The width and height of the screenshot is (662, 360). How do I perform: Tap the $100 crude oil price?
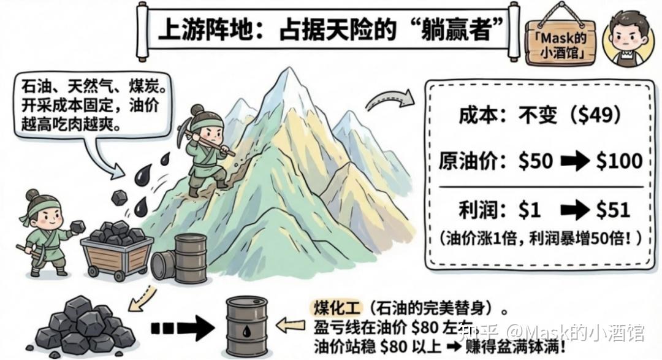coord(618,161)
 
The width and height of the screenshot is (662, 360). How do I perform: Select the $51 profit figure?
coord(613,210)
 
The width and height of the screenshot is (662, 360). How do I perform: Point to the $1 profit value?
coord(529,210)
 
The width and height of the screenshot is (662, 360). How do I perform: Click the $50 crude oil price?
coord(535,161)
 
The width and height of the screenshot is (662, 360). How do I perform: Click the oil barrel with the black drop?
coord(247,325)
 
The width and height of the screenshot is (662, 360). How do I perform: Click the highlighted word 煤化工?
coord(334,307)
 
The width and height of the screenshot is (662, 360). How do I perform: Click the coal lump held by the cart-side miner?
coord(77,227)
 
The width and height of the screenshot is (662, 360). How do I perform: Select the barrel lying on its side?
coord(162,265)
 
